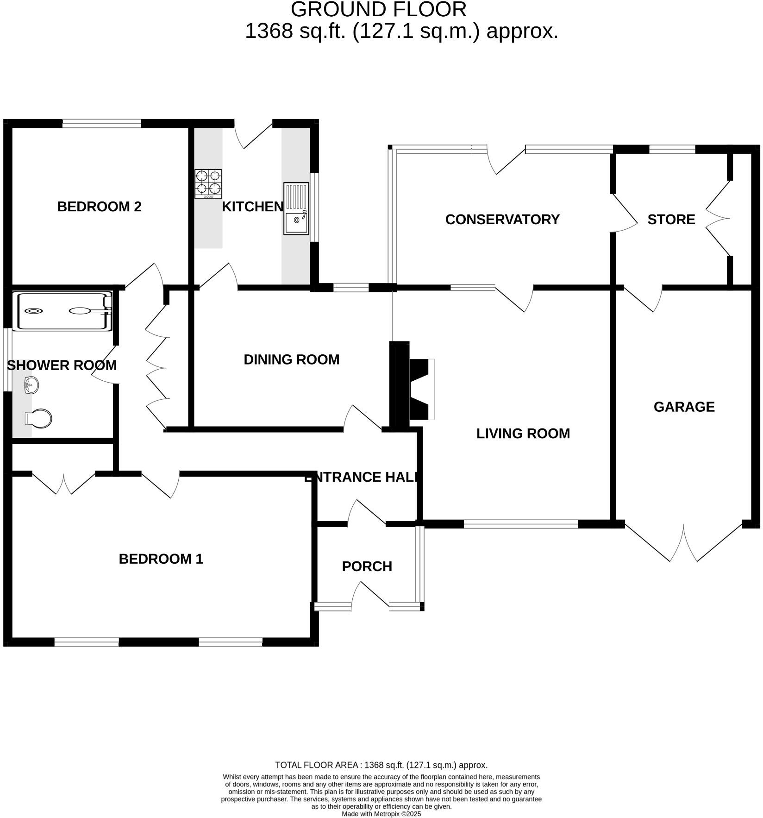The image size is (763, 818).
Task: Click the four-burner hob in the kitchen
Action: [208, 183]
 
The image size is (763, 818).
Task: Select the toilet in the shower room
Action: [38, 418]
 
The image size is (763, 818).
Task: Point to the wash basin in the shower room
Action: [31, 385]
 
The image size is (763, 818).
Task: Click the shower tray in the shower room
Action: [62, 311]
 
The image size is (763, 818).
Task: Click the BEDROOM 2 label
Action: [99, 207]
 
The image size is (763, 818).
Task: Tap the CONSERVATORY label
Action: [502, 220]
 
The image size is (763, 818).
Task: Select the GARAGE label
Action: [684, 407]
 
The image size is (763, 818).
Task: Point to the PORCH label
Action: [367, 566]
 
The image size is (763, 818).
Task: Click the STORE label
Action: [671, 220]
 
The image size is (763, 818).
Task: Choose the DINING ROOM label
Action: [291, 359]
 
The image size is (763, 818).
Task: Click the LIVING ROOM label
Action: [523, 434]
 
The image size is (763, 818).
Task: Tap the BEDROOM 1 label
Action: [161, 559]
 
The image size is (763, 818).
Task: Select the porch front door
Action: [370, 596]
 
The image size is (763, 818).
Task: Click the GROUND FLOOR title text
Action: [378, 10]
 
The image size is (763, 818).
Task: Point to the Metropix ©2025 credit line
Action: [381, 814]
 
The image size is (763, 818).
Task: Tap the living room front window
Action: [521, 524]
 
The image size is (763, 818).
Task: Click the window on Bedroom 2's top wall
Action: [101, 123]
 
